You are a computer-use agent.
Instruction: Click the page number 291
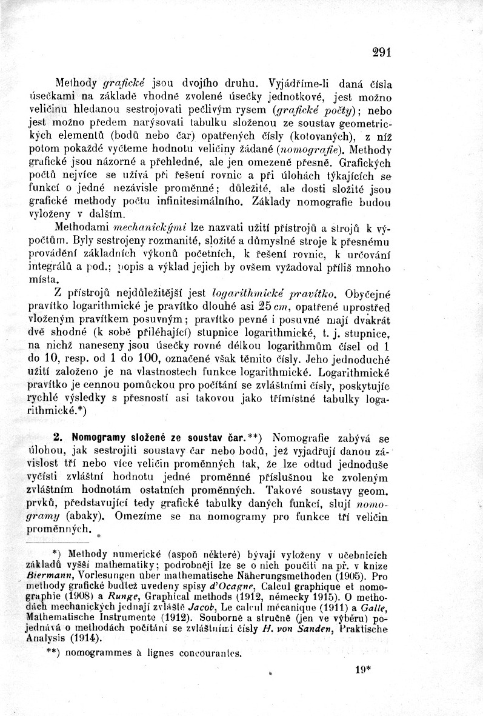pos(381,52)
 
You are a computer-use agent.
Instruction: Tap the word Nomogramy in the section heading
pos(96,437)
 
